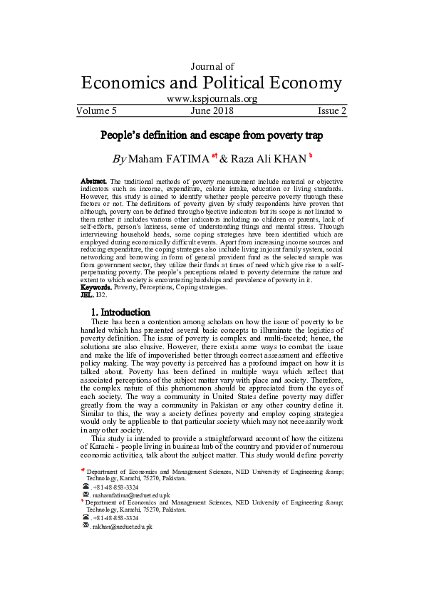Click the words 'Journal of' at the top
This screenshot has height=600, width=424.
pos(212,66)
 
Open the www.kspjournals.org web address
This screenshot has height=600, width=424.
pos(212,100)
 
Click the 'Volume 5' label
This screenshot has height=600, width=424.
pos(96,111)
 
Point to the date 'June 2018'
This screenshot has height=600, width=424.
pos(212,111)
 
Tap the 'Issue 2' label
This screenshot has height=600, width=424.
pos(332,111)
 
